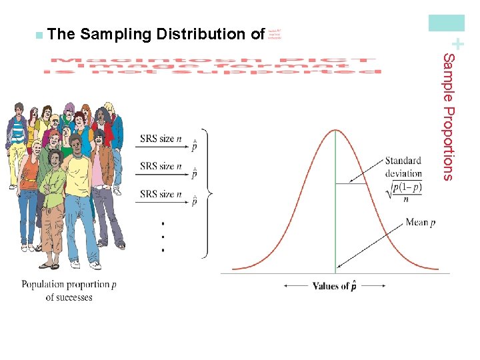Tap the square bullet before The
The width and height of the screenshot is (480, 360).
[41, 34]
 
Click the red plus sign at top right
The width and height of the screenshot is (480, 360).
[456, 42]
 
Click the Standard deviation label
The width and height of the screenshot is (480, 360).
[403, 167]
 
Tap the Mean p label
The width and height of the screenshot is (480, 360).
[420, 223]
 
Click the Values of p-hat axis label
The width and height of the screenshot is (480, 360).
[334, 286]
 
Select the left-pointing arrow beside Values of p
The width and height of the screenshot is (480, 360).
[295, 286]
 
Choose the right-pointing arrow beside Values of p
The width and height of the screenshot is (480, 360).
[375, 286]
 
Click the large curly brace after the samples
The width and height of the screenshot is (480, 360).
[208, 193]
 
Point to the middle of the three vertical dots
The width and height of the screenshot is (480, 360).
[162, 236]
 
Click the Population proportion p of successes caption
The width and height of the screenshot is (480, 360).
[69, 291]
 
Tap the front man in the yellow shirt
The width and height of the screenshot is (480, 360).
[80, 200]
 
